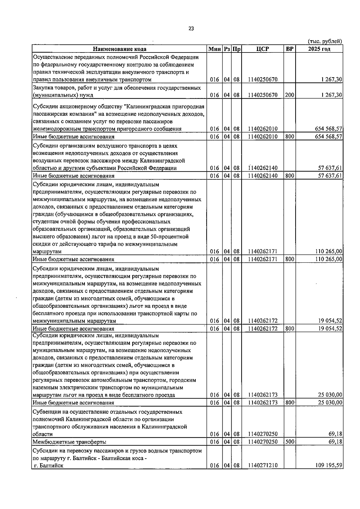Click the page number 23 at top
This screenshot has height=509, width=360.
coord(191,29)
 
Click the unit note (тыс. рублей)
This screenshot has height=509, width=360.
coord(325,41)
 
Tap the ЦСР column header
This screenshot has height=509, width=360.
coord(263,49)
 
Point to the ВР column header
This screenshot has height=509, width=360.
coord(289,49)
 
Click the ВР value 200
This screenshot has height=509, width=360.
coord(289,95)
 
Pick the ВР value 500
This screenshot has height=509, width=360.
coord(289,442)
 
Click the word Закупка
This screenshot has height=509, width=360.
coord(43,88)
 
